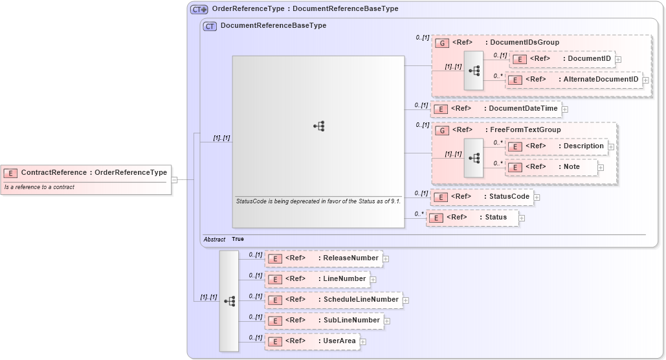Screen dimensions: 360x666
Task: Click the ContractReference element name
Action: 54,172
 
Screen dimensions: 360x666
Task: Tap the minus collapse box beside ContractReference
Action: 175,179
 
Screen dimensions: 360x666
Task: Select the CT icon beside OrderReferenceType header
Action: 199,9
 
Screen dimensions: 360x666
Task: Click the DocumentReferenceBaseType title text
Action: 273,26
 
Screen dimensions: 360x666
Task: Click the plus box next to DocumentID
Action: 618,59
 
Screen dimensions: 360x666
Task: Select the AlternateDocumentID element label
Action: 601,80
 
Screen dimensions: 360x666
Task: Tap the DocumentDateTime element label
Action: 522,109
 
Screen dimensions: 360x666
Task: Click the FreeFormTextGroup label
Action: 525,130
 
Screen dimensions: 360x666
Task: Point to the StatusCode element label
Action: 509,197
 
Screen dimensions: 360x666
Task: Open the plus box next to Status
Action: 522,218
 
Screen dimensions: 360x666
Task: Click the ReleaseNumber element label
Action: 350,258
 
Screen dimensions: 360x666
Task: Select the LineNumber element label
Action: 344,279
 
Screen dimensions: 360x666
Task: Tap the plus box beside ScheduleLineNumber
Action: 406,300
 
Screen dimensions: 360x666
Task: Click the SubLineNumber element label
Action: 351,321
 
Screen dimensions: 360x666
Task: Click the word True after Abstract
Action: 238,239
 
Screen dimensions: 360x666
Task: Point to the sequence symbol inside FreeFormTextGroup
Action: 474,158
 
